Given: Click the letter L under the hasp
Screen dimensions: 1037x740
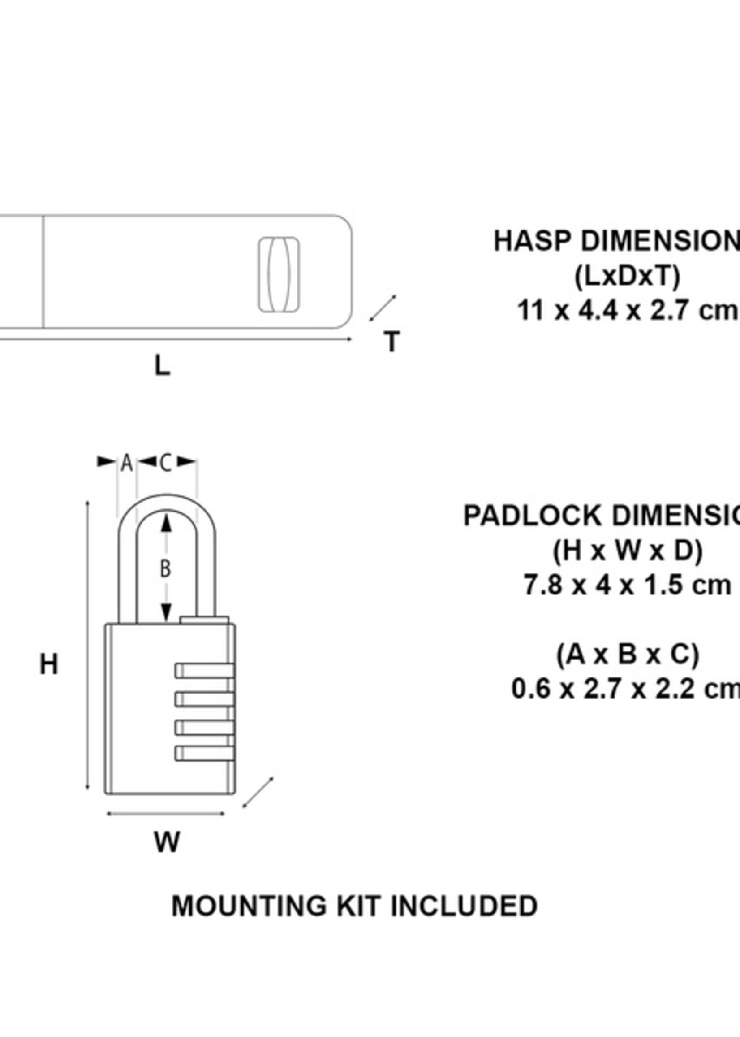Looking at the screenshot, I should click(162, 366).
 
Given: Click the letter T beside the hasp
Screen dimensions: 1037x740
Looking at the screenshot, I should click(392, 342).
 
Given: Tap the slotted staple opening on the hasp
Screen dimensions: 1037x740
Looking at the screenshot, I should click(279, 275).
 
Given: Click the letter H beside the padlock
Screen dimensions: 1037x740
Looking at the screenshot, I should click(49, 664).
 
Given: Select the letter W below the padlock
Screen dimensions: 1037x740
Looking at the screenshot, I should click(167, 842).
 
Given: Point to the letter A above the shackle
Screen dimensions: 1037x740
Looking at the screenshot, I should click(126, 463).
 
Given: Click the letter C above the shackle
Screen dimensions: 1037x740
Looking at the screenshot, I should click(166, 463).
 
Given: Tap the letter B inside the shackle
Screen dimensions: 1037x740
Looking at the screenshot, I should click(166, 568).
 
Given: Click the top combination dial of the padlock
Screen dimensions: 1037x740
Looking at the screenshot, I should click(205, 671).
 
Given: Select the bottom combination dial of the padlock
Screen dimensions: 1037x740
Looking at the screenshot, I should click(205, 753).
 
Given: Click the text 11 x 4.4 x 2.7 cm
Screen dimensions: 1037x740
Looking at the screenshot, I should click(627, 311).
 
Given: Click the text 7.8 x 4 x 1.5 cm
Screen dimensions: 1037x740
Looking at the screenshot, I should click(627, 585).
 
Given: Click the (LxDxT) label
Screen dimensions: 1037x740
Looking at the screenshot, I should click(627, 276).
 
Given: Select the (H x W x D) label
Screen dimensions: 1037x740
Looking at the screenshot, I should click(628, 551).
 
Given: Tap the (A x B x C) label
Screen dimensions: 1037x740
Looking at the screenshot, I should click(628, 655).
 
